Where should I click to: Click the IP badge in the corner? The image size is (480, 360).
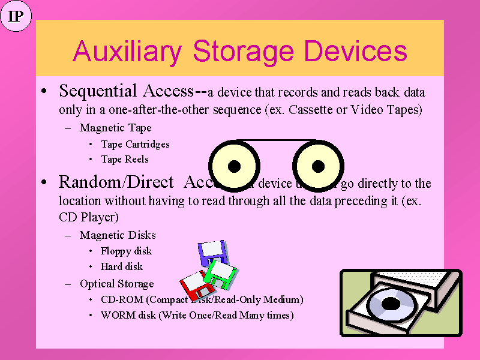[x=16, y=17]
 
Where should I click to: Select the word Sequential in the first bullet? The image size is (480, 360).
[x=98, y=91]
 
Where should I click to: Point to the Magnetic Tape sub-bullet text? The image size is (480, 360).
[x=115, y=128]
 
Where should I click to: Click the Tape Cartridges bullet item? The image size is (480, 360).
[x=135, y=144]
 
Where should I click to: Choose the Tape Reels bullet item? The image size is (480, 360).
[x=125, y=159]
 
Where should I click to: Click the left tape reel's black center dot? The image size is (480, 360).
[x=235, y=166]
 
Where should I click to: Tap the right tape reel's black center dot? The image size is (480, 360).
[x=318, y=166]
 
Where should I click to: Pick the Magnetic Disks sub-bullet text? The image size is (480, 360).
[x=118, y=235]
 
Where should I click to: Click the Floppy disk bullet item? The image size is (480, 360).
[x=126, y=251]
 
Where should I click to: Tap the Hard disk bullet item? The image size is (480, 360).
[x=122, y=266]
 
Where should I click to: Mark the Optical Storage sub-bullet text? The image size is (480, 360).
[x=116, y=284]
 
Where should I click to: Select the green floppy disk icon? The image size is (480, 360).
[x=220, y=274]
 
